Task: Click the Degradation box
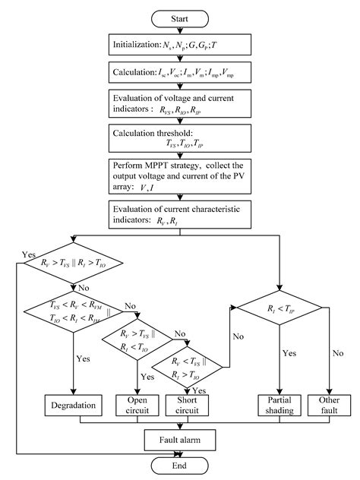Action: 74,404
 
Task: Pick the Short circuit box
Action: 187,404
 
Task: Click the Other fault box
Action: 328,404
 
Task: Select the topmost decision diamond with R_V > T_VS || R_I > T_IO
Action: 74,265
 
